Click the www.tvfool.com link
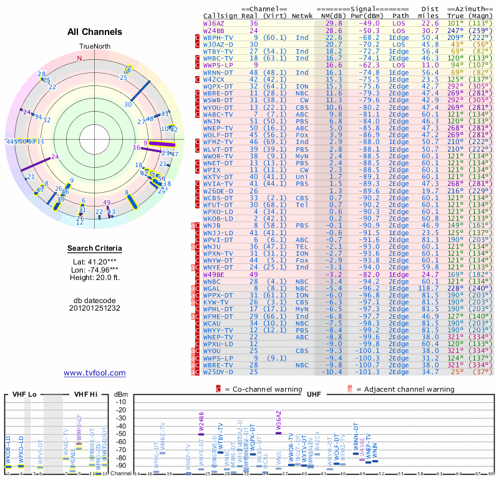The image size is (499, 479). point(95,373)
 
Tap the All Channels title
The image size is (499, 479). point(95,32)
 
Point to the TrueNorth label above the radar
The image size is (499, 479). point(94,47)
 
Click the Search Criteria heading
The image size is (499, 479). point(95,249)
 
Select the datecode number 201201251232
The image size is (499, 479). point(95,307)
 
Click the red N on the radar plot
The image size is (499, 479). point(79,59)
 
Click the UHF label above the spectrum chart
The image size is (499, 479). point(314,395)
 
